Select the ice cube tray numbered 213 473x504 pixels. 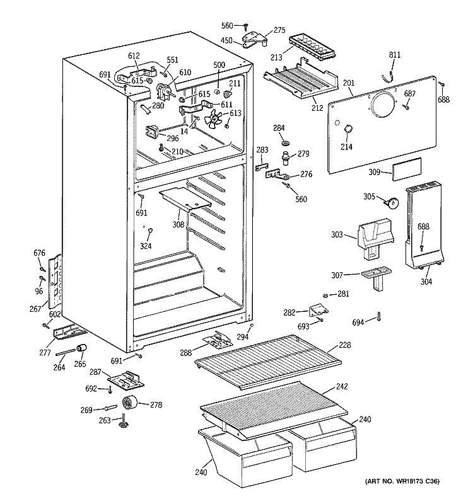[310, 45]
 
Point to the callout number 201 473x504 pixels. [349, 82]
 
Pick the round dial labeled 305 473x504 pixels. [392, 202]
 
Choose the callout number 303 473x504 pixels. [337, 236]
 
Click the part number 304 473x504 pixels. [426, 282]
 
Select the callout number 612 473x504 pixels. [134, 56]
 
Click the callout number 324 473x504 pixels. [146, 246]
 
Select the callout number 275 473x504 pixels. [279, 30]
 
